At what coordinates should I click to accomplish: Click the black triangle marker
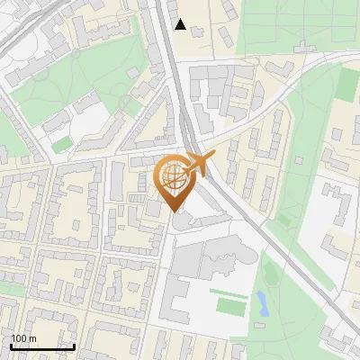coord(181,24)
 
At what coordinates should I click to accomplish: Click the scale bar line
coord(42,346)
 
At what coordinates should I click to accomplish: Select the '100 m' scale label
coord(24,338)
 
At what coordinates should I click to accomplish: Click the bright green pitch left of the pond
coord(230,306)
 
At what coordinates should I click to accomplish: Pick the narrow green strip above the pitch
coord(229,290)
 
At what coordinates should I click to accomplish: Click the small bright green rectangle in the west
coord(61,144)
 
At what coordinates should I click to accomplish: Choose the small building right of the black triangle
coord(197,32)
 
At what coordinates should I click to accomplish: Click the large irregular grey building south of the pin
coord(220,256)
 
